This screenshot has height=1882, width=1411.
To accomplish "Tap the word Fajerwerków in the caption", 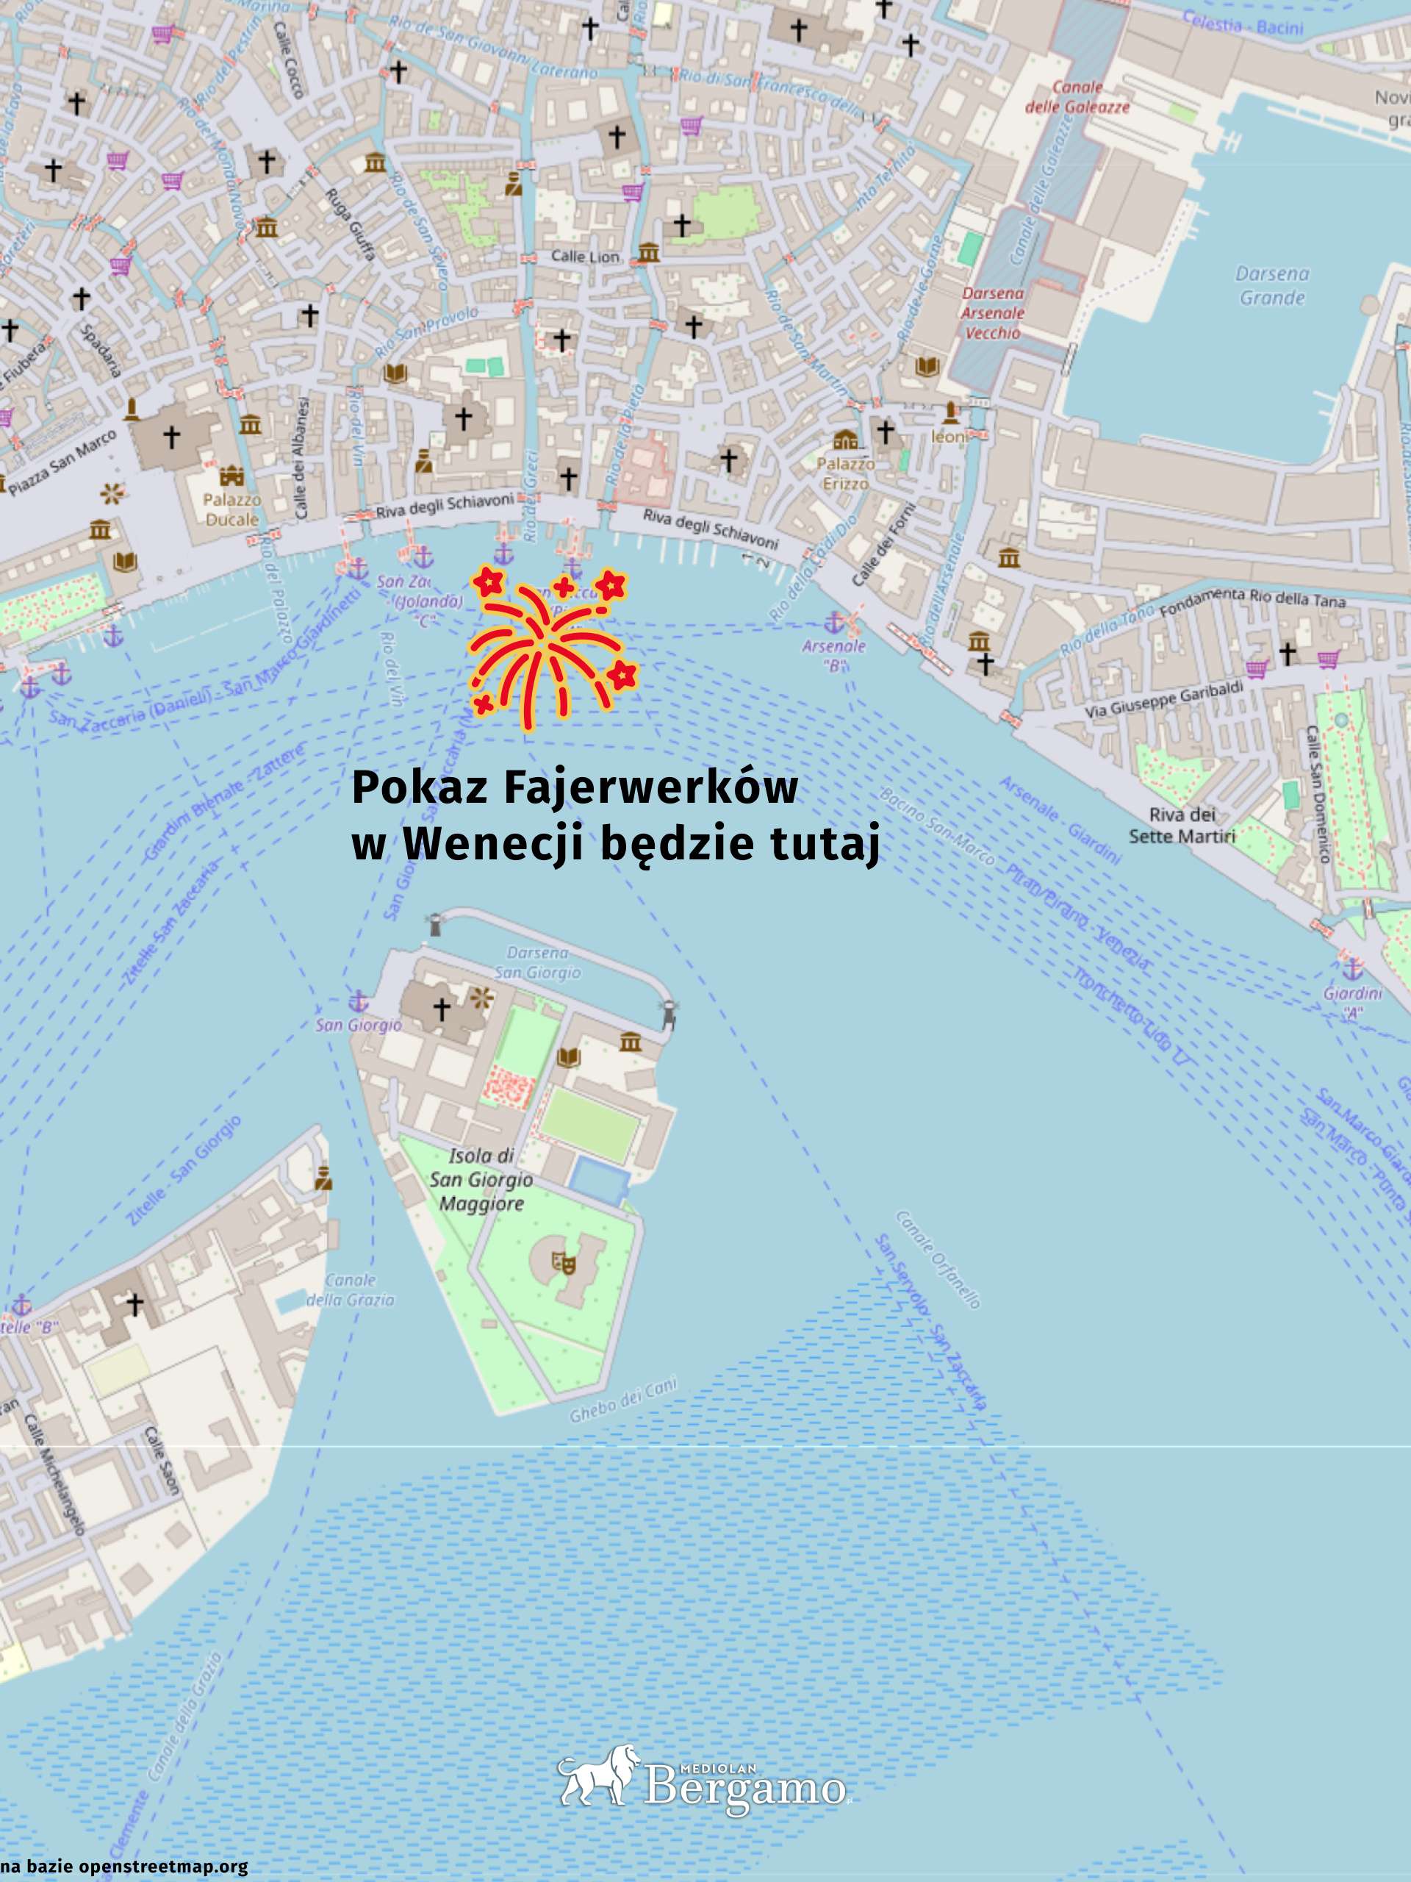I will pyautogui.click(x=650, y=789).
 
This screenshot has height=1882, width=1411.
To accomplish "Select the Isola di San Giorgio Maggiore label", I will pyautogui.click(x=481, y=1180).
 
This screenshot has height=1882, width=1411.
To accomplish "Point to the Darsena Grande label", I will pyautogui.click(x=1272, y=286).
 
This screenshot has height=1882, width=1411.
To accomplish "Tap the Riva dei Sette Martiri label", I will pyautogui.click(x=1182, y=826).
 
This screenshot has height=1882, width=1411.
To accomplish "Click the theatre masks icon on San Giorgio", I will pyautogui.click(x=563, y=1261).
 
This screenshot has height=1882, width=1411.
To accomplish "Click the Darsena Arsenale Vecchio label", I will pyautogui.click(x=993, y=313).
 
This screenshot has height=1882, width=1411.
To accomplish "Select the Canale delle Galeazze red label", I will pyautogui.click(x=1077, y=97).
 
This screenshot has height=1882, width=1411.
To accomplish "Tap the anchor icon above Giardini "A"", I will pyautogui.click(x=1351, y=969).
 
